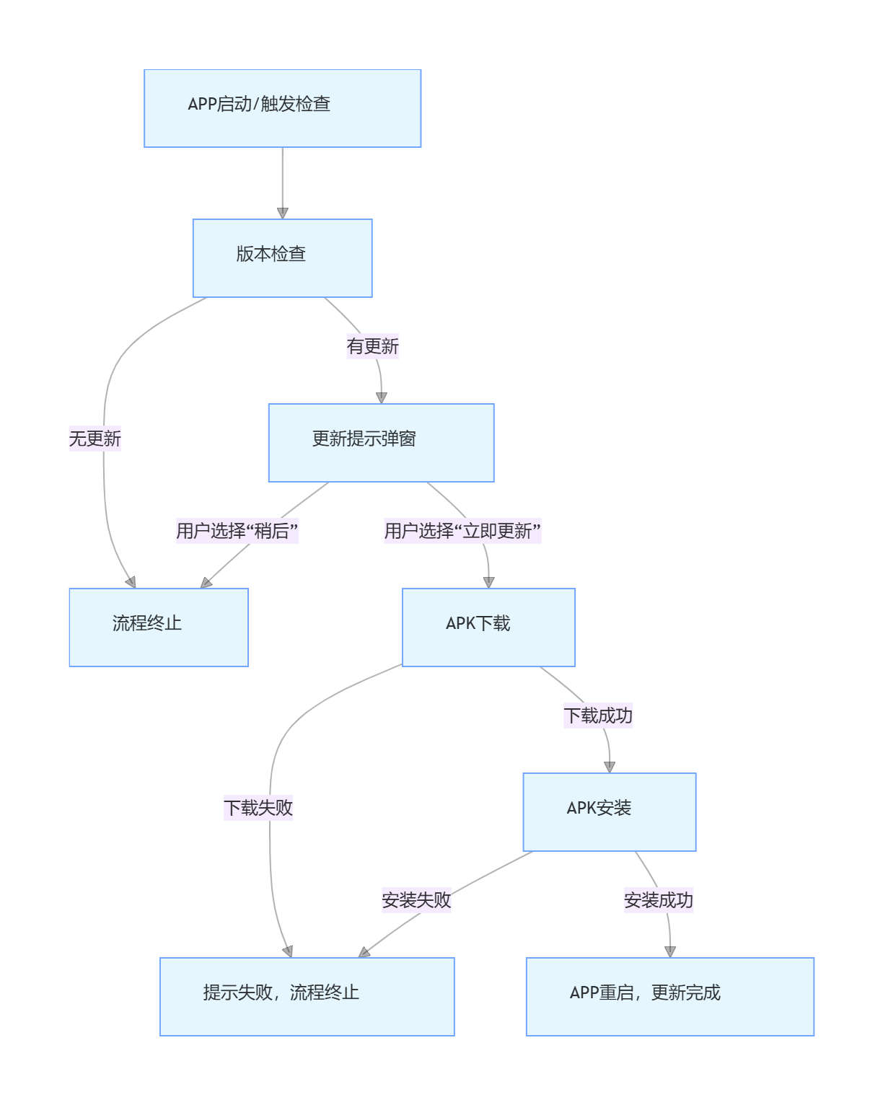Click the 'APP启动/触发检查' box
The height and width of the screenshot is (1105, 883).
click(282, 108)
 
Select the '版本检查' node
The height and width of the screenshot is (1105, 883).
click(282, 258)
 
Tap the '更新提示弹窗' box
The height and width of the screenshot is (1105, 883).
click(381, 443)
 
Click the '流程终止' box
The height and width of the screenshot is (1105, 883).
click(159, 628)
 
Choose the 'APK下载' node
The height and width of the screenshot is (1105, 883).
click(488, 628)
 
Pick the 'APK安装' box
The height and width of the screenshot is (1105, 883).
click(609, 812)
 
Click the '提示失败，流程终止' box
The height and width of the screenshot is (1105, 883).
click(307, 997)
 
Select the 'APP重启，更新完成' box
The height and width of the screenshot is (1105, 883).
click(669, 997)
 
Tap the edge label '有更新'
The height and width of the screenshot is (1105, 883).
click(372, 347)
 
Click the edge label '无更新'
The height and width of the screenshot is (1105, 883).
click(95, 439)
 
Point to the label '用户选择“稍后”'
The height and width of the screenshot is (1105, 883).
click(237, 532)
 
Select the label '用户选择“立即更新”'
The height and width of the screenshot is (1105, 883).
click(462, 532)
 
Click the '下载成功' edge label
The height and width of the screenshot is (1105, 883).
click(597, 716)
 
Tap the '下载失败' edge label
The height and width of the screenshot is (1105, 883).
click(258, 808)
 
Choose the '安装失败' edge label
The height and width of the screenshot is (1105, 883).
click(416, 901)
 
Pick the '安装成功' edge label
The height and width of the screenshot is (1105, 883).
click(658, 901)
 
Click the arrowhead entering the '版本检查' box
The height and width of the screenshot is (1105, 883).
click(283, 213)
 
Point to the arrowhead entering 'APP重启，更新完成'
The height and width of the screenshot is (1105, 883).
click(670, 952)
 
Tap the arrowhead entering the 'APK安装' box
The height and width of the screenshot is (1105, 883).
click(610, 767)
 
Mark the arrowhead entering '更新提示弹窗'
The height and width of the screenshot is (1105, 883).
click(382, 398)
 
